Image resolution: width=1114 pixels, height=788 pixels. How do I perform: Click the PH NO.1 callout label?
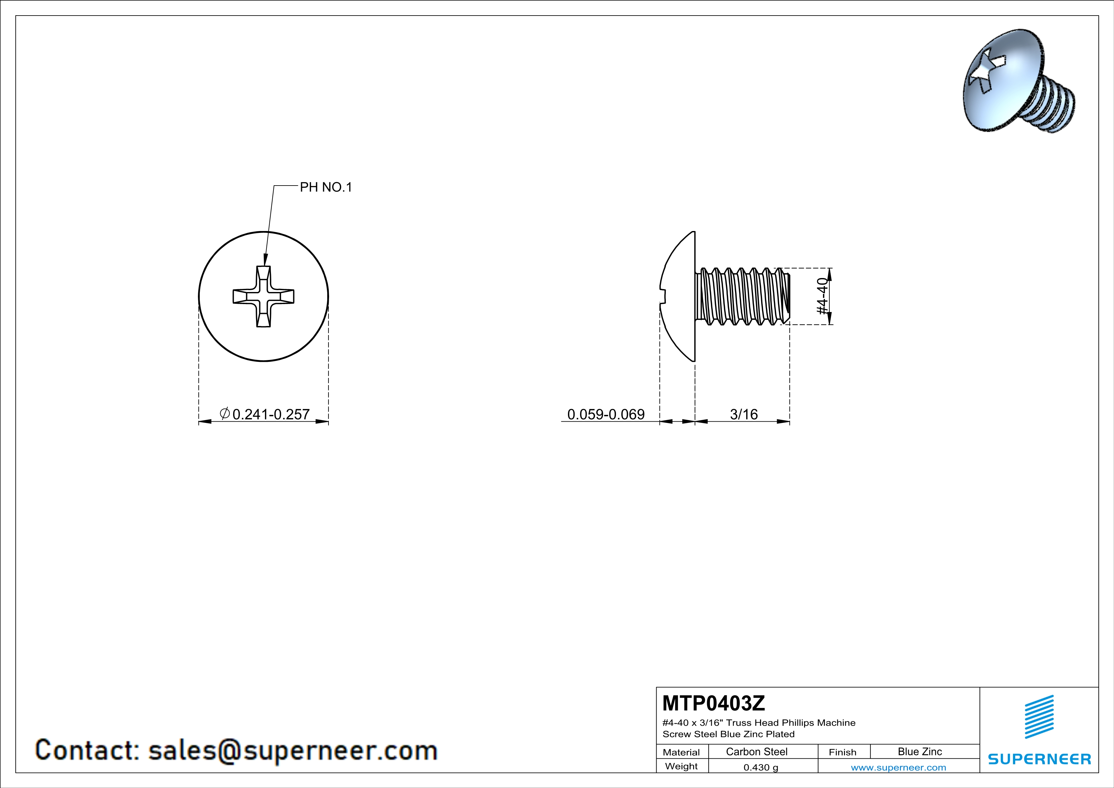(326, 187)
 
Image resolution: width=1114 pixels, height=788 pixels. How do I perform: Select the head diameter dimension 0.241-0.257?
(271, 414)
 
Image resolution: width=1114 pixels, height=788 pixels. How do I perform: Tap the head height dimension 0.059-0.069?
(606, 414)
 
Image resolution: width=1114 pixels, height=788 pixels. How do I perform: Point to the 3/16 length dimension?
(744, 414)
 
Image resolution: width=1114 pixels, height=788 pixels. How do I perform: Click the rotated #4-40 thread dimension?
(822, 296)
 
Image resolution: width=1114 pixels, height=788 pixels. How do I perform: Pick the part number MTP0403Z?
(714, 703)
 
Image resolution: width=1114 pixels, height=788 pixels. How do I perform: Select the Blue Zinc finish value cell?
(920, 751)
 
